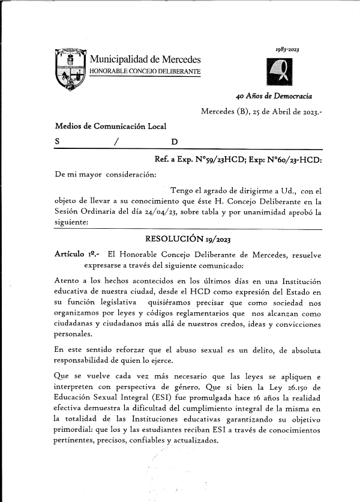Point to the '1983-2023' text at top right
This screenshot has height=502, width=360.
tap(287, 49)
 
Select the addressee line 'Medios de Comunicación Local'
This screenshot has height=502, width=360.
tap(110, 127)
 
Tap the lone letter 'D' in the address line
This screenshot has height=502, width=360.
tap(174, 142)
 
